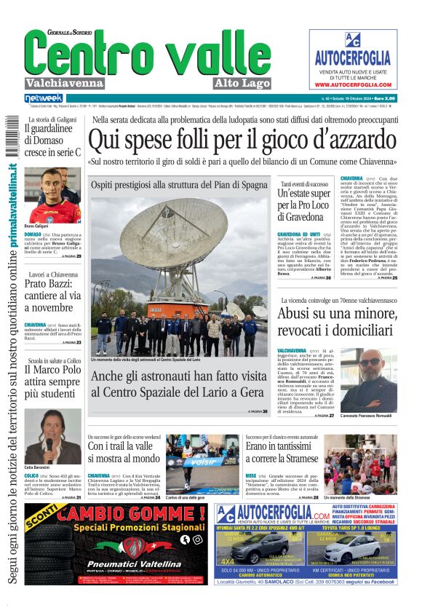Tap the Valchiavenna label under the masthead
66,83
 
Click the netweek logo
44,98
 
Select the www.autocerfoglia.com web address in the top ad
353,84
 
